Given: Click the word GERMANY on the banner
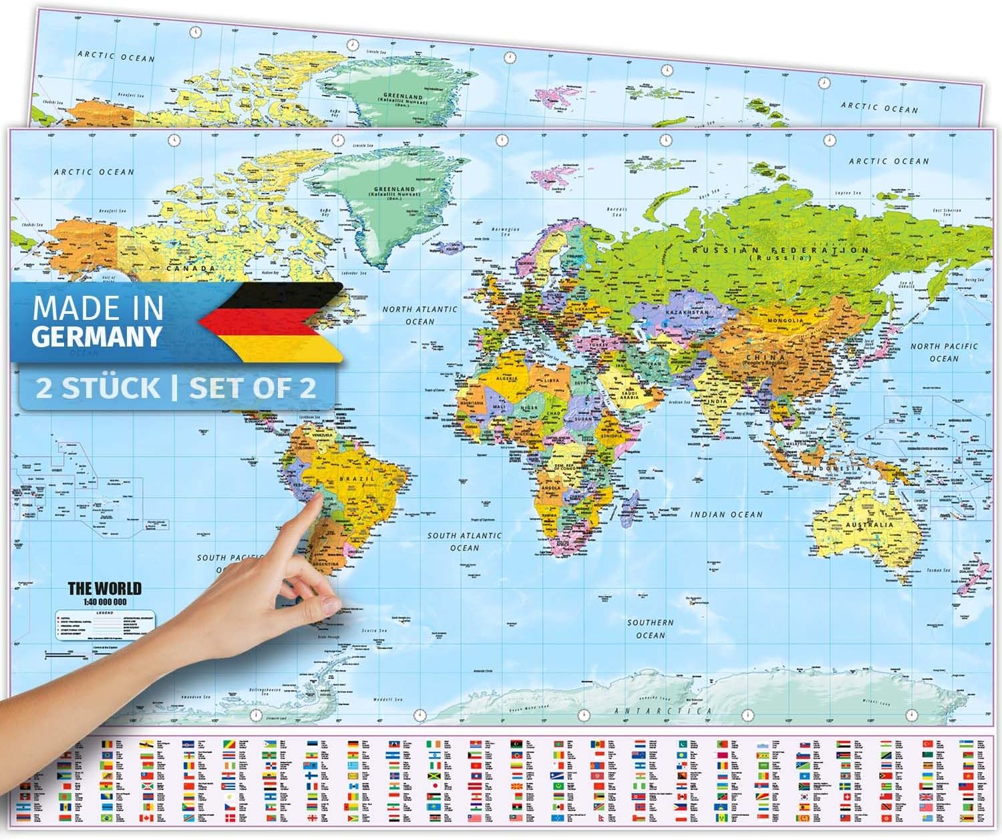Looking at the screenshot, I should click(x=97, y=336).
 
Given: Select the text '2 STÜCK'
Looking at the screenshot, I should click(x=98, y=387).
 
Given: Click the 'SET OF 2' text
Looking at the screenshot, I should click(x=252, y=387).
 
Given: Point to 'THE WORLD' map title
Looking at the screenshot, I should click(x=105, y=588).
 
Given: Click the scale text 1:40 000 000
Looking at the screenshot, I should click(x=105, y=601).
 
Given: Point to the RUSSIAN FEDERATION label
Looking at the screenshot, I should click(x=780, y=250).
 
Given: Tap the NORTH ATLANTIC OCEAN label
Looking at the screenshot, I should click(x=420, y=315).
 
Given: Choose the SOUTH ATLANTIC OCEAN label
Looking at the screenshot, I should click(x=464, y=541).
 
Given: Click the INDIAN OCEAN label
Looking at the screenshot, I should click(x=726, y=514).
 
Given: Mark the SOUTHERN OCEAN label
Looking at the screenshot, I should click(x=650, y=628).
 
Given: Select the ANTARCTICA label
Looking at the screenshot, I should click(x=663, y=711).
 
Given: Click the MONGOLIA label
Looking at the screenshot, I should click(x=786, y=321).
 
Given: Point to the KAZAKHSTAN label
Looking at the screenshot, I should click(x=686, y=312).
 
